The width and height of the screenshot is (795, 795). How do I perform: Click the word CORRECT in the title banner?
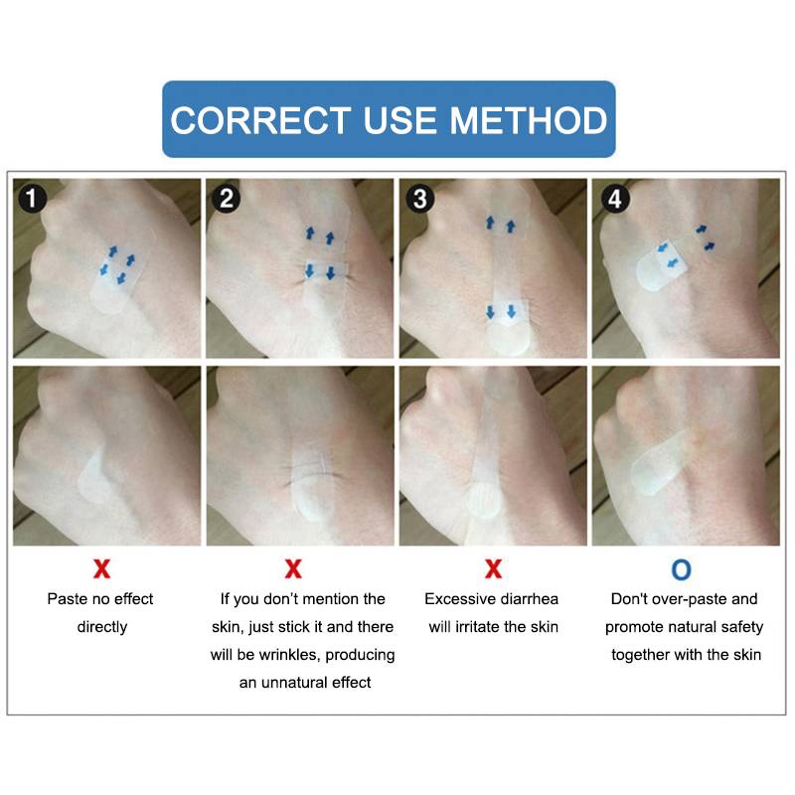pyautogui.click(x=260, y=120)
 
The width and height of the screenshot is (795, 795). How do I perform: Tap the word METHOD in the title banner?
pyautogui.click(x=529, y=120)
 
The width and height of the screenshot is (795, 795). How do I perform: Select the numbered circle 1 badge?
pyautogui.click(x=32, y=198)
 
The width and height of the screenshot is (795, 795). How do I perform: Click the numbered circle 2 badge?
pyautogui.click(x=227, y=198)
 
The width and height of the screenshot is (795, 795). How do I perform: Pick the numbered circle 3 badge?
pyautogui.click(x=419, y=198)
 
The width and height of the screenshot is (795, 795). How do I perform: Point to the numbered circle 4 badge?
pyautogui.click(x=615, y=198)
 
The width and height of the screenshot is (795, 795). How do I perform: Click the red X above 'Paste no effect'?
pyautogui.click(x=102, y=568)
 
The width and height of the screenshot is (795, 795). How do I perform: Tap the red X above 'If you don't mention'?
pyautogui.click(x=293, y=568)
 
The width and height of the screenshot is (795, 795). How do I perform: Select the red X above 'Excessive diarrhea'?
pyautogui.click(x=493, y=568)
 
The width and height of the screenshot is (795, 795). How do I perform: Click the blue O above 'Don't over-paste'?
pyautogui.click(x=681, y=569)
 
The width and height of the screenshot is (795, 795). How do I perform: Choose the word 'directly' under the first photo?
pyautogui.click(x=102, y=628)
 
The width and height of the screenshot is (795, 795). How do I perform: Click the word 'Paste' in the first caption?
pyautogui.click(x=67, y=599)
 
